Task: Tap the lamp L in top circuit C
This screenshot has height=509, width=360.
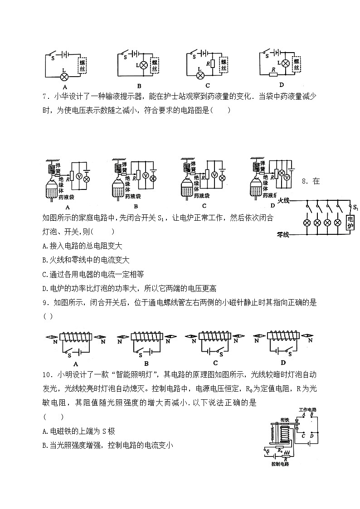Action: pyautogui.click(x=200, y=75)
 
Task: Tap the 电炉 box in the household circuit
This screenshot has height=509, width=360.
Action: pyautogui.click(x=350, y=223)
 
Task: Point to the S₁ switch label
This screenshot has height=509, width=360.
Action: pyautogui.click(x=355, y=208)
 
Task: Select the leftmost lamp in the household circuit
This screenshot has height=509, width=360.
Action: pyautogui.click(x=307, y=223)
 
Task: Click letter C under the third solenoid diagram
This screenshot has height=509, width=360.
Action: pyautogui.click(x=215, y=363)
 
